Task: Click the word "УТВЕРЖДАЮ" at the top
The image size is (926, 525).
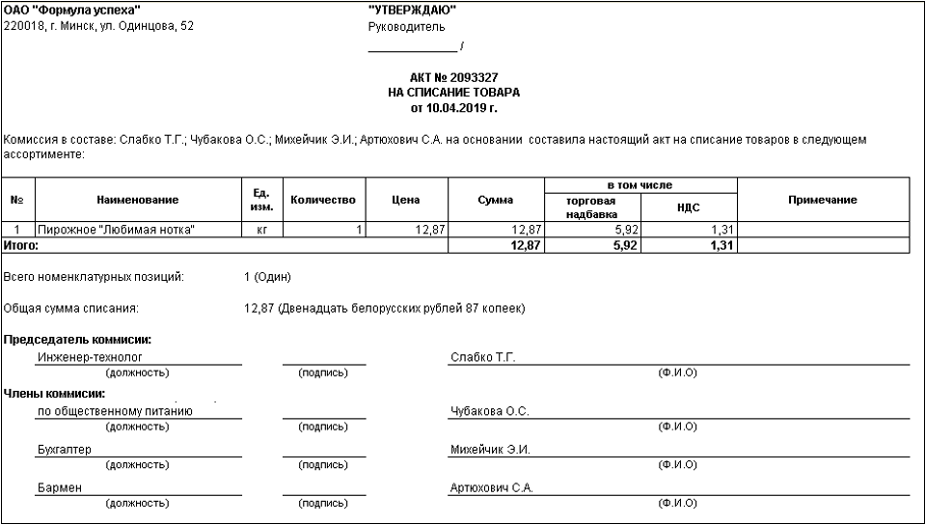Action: coord(413,10)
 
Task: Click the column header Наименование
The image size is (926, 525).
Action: coord(137,200)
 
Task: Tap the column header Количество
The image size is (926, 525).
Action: coord(323,200)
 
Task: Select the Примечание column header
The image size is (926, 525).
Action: coord(822,200)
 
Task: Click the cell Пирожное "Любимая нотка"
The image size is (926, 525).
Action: coord(117,230)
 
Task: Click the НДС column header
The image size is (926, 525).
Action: coord(689,207)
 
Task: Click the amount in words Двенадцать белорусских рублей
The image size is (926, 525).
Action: coord(400,309)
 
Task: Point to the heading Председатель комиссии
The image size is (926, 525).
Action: coord(79,340)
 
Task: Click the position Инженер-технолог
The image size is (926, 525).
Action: coord(89,357)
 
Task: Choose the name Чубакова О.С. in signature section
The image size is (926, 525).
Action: coord(489,411)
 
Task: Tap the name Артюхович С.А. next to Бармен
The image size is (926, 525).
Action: coord(491,488)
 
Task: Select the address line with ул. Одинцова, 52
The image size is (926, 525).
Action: coord(98,26)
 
